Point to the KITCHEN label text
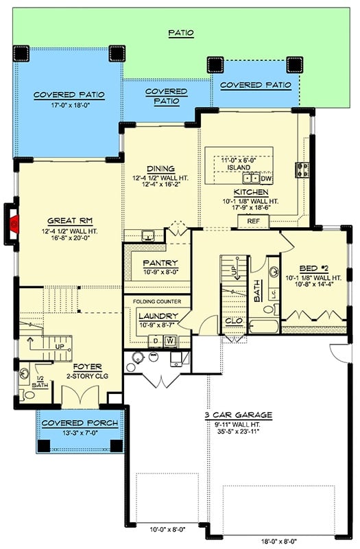point(246,192)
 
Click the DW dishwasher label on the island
point(266,178)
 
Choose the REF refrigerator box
point(253,221)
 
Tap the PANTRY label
point(160,263)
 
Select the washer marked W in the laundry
point(168,340)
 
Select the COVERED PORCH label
point(79,423)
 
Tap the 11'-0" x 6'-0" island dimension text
point(238,160)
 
